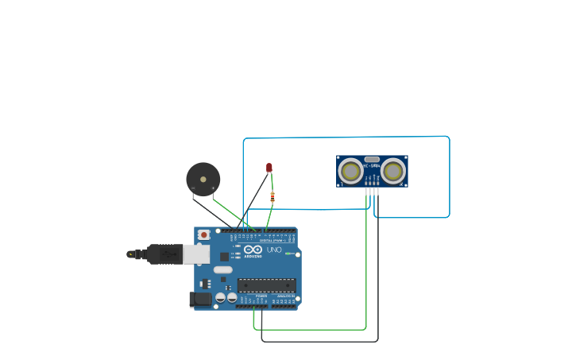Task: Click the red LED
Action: [x=269, y=167]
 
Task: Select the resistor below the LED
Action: [x=273, y=196]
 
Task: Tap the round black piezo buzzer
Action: [x=203, y=179]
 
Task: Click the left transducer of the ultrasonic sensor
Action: [x=350, y=171]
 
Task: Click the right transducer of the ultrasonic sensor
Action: [x=393, y=171]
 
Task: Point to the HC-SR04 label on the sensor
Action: [x=372, y=165]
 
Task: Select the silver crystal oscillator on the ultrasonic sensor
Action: [x=372, y=160]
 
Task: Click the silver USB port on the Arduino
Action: [x=196, y=254]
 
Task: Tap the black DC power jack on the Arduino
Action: [x=200, y=299]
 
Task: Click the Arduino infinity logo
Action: [x=252, y=250]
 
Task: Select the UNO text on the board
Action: [x=273, y=250]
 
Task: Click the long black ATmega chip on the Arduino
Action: [x=267, y=285]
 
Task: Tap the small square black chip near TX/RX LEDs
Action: [x=224, y=257]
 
